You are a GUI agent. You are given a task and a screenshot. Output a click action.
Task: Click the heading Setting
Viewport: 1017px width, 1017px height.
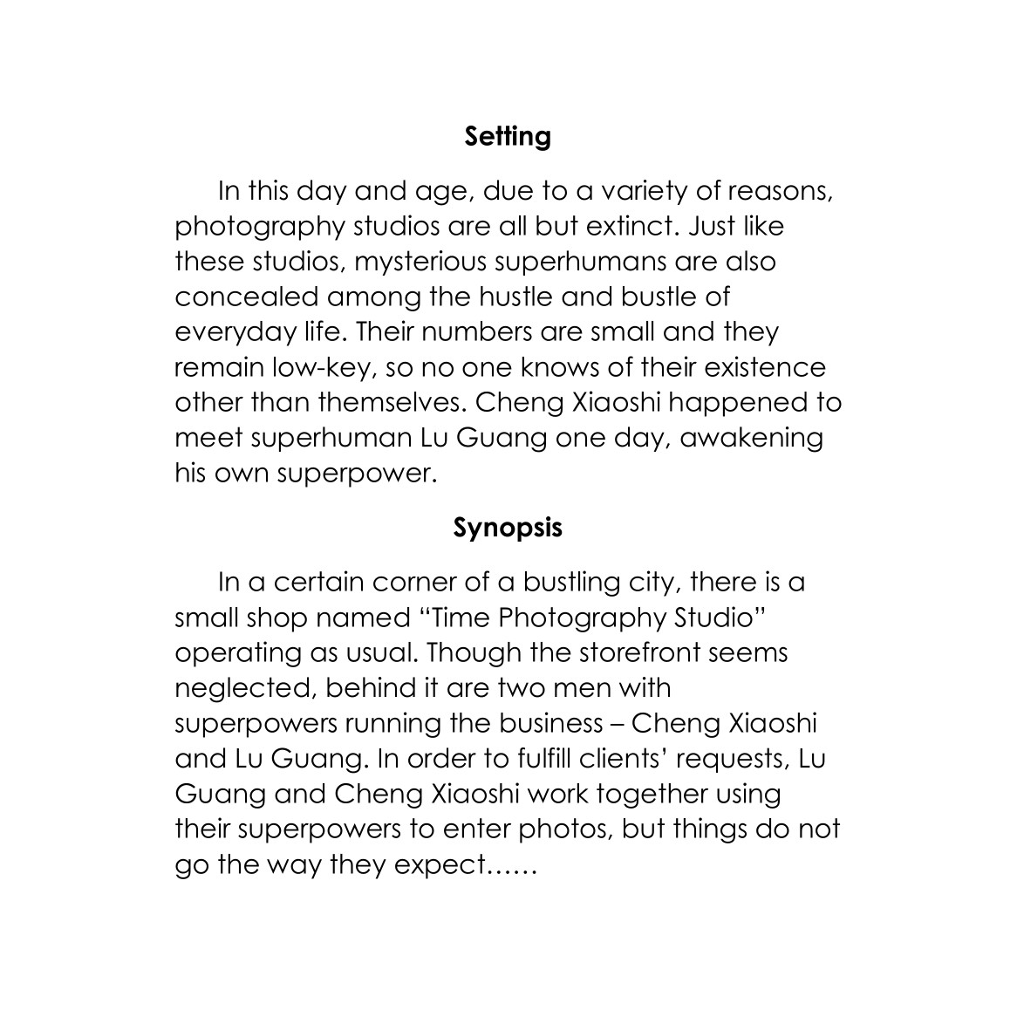(508, 137)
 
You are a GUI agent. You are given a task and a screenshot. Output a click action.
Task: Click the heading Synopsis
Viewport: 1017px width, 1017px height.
(508, 529)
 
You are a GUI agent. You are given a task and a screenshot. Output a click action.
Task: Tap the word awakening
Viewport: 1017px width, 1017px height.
(751, 438)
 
